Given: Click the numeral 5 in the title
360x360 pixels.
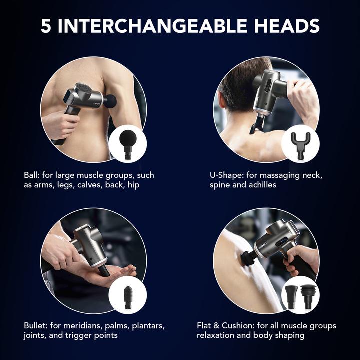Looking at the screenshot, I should click(x=46, y=26).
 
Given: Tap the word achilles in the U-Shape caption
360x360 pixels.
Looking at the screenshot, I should click(x=259, y=185).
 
